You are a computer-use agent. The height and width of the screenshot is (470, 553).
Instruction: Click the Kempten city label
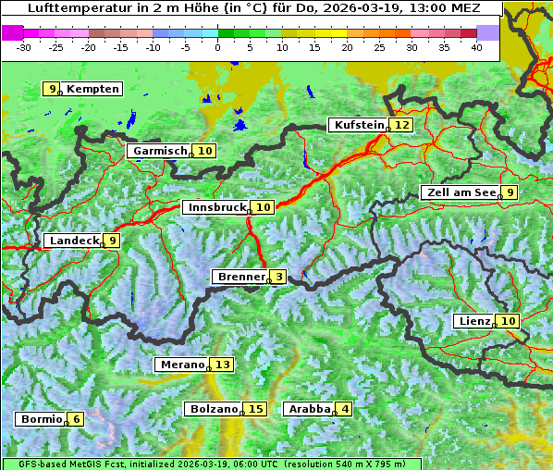pyautogui.click(x=92, y=89)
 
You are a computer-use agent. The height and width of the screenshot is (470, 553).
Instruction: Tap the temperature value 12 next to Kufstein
pyautogui.click(x=401, y=125)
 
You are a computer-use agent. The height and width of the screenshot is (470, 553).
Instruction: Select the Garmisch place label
pyautogui.click(x=159, y=151)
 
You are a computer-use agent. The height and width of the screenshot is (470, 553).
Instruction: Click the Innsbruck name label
pyautogui.click(x=215, y=207)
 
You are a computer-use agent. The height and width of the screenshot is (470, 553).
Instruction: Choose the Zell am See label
pyautogui.click(x=460, y=192)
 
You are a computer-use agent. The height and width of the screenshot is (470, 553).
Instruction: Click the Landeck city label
pyautogui.click(x=73, y=241)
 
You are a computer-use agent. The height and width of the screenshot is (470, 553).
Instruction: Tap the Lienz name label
pyautogui.click(x=473, y=321)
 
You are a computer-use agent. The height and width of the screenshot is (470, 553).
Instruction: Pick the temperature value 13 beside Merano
pyautogui.click(x=222, y=365)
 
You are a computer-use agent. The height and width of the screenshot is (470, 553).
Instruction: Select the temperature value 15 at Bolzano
pyautogui.click(x=255, y=409)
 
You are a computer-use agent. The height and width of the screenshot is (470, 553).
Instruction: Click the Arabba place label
pyautogui.click(x=309, y=409)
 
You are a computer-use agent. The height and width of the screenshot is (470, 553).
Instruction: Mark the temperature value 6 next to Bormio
pyautogui.click(x=76, y=419)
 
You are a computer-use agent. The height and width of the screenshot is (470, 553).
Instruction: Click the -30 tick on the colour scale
pyautogui.click(x=24, y=47)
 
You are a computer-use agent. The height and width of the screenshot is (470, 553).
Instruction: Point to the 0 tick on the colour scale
pyautogui.click(x=217, y=47)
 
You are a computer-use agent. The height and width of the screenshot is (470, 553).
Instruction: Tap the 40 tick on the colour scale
pyautogui.click(x=476, y=47)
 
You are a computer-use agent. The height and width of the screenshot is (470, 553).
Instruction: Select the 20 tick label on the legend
pyautogui.click(x=347, y=47)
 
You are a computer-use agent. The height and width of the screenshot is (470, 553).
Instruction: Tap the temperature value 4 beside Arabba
pyautogui.click(x=345, y=409)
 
